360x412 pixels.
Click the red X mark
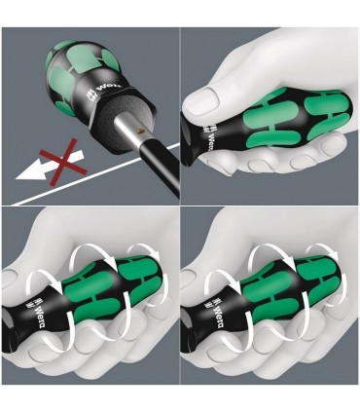tap(58, 160)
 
